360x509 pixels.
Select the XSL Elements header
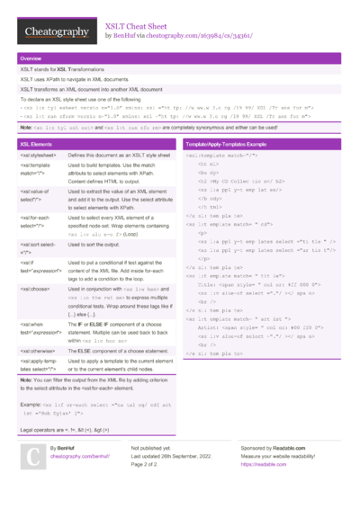pyautogui.click(x=37, y=144)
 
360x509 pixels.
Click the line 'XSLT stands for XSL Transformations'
pyautogui.click(x=61, y=69)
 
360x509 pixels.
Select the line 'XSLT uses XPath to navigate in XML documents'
pyautogui.click(x=73, y=80)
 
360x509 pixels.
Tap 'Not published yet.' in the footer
pyautogui.click(x=152, y=448)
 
